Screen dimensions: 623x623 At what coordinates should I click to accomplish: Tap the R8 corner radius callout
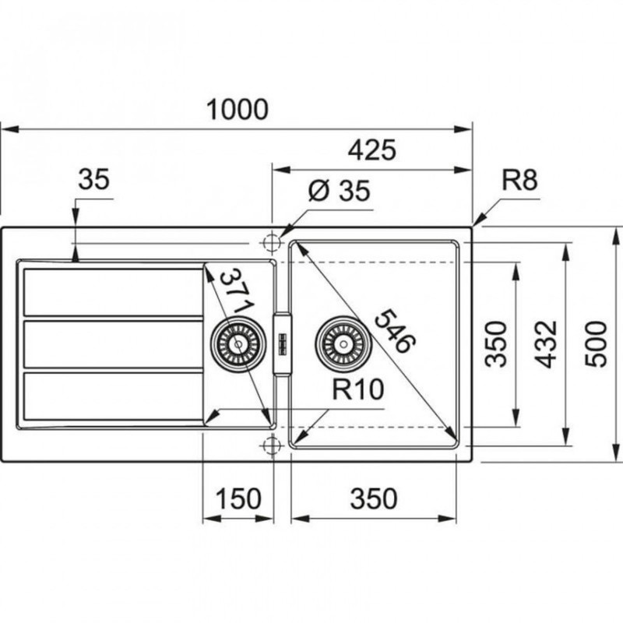(x=519, y=181)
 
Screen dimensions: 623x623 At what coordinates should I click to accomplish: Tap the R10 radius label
(x=357, y=389)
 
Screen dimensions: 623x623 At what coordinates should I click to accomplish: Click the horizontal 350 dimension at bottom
(x=371, y=499)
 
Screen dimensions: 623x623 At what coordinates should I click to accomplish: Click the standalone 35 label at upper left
(x=94, y=180)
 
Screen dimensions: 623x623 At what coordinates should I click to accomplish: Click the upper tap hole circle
(x=271, y=243)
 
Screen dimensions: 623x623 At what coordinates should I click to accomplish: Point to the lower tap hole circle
(x=271, y=445)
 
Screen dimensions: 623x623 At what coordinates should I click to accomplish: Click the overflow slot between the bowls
(x=282, y=343)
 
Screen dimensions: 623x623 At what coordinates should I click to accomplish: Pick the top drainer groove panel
(x=113, y=292)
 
